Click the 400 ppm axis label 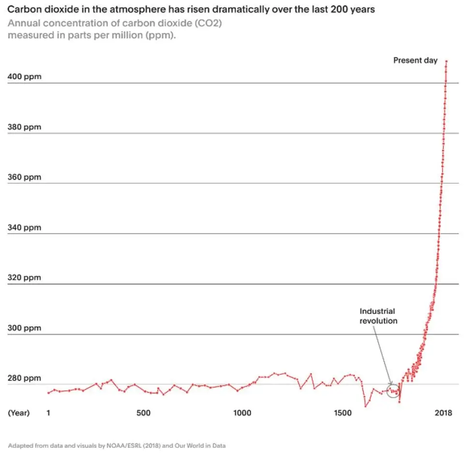(24, 77)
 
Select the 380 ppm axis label (24, 127)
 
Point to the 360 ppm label (24, 177)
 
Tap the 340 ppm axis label (24, 228)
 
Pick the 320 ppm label (24, 278)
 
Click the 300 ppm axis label (24, 328)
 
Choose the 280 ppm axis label (24, 378)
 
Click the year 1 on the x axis (48, 413)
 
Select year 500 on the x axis (143, 413)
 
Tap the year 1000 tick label (242, 413)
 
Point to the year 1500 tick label (343, 413)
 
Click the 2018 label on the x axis (443, 413)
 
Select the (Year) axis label (19, 413)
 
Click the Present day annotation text (415, 60)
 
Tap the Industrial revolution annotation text (378, 316)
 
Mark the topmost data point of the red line (446, 61)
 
